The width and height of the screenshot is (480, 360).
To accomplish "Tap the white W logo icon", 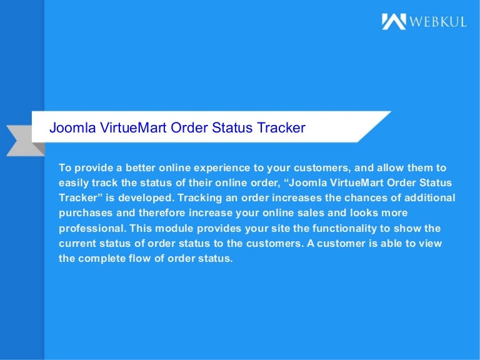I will pyautogui.click(x=394, y=22).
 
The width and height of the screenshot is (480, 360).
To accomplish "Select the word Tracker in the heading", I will pyautogui.click(x=281, y=128).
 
